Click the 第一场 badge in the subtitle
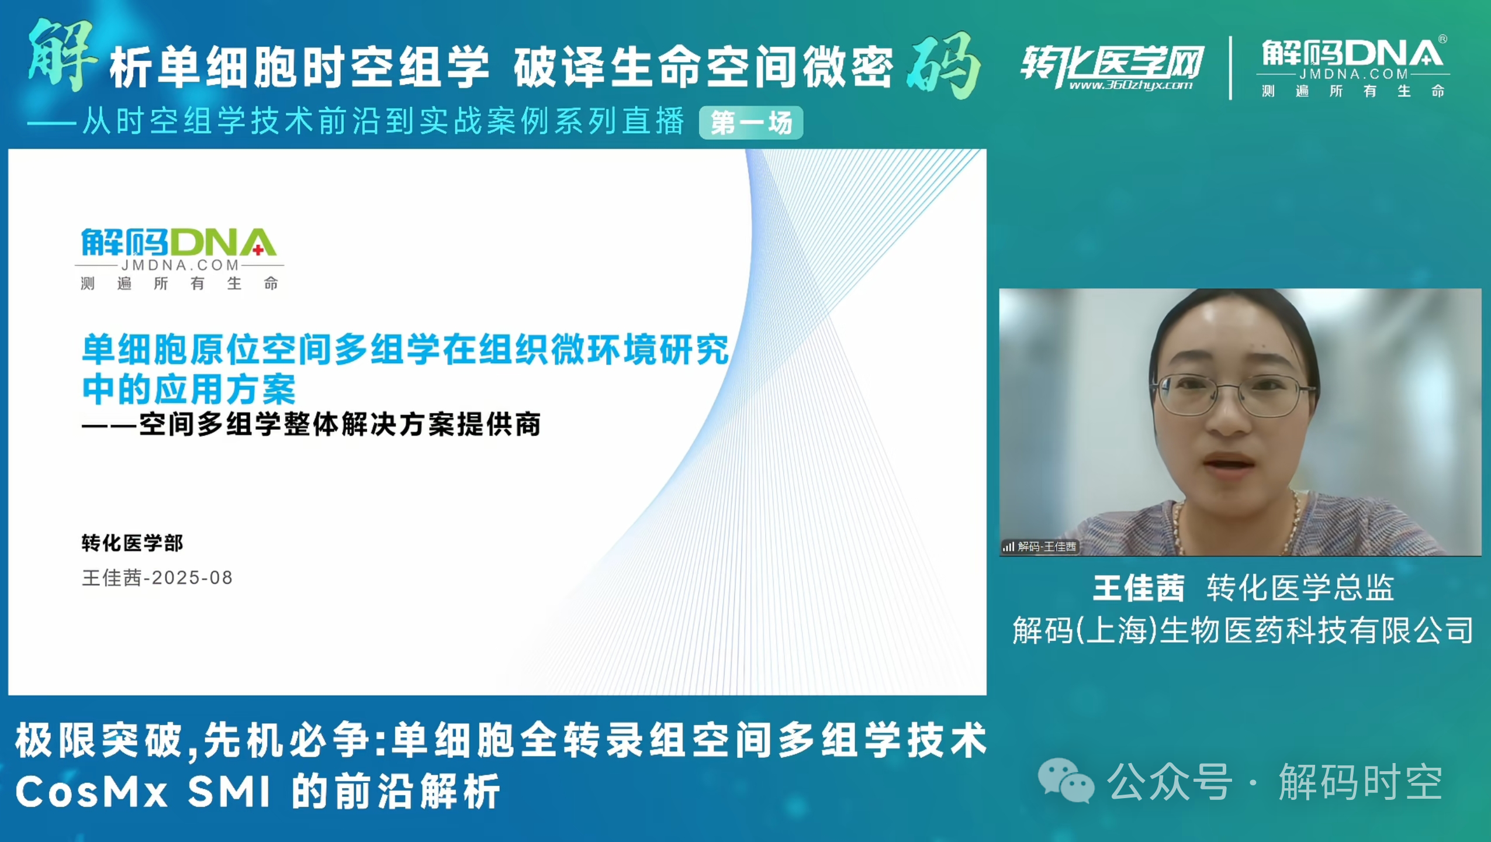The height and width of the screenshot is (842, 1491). click(x=751, y=123)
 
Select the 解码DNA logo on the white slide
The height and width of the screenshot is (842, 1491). click(x=179, y=259)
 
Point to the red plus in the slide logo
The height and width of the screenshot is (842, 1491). click(x=258, y=250)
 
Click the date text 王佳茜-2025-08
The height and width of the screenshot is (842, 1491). click(x=157, y=578)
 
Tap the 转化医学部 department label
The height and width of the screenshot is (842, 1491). click(x=132, y=543)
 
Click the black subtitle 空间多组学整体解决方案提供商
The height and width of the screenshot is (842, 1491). click(x=340, y=425)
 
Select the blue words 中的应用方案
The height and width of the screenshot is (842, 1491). click(x=189, y=389)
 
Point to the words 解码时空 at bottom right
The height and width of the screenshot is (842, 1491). click(x=1361, y=782)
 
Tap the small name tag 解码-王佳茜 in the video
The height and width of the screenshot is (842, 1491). click(x=1040, y=547)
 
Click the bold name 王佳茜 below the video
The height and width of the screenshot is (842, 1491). click(x=1139, y=588)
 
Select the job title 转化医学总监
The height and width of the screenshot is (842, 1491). click(x=1300, y=588)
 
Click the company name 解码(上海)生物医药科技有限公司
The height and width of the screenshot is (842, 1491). click(x=1243, y=630)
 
